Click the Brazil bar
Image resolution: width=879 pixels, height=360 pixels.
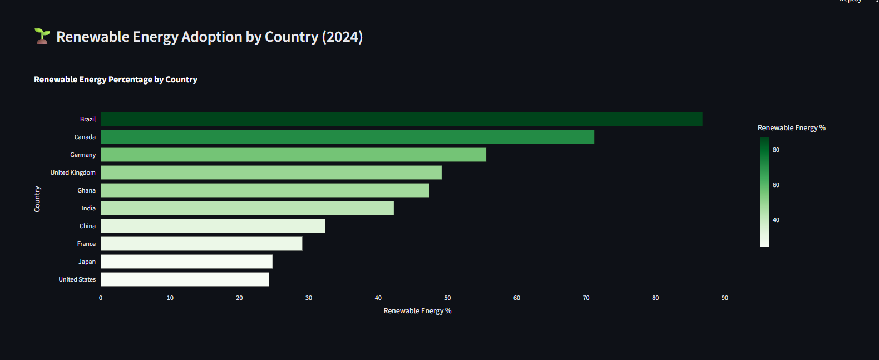coord(401,119)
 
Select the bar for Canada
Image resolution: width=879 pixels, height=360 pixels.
coord(347,137)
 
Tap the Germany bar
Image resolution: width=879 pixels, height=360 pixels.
coord(293,155)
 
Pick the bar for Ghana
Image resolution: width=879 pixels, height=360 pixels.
coord(265,190)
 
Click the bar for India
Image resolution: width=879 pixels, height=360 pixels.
coord(247,208)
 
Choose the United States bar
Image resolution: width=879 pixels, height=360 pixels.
coord(185,279)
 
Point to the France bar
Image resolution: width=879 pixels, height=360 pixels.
coord(201,244)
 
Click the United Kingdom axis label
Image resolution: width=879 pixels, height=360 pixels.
coord(73,172)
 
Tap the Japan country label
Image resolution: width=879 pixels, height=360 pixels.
coord(87,262)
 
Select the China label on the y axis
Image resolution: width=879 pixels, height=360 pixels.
coord(87,226)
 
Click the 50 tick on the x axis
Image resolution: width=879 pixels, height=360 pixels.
coord(447,298)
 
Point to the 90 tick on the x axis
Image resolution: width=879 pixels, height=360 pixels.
coord(724,298)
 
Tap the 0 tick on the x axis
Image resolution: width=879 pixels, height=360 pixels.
coord(101,298)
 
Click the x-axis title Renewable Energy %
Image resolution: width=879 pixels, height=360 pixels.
coord(417,311)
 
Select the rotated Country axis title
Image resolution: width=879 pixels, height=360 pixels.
coord(37,199)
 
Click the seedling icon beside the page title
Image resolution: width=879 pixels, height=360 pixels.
coord(42,36)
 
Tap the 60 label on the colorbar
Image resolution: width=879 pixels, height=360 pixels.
coord(776,185)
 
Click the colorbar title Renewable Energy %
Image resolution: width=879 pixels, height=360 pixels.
coord(791,128)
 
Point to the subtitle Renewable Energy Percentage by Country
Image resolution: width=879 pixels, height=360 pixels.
coord(116,80)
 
